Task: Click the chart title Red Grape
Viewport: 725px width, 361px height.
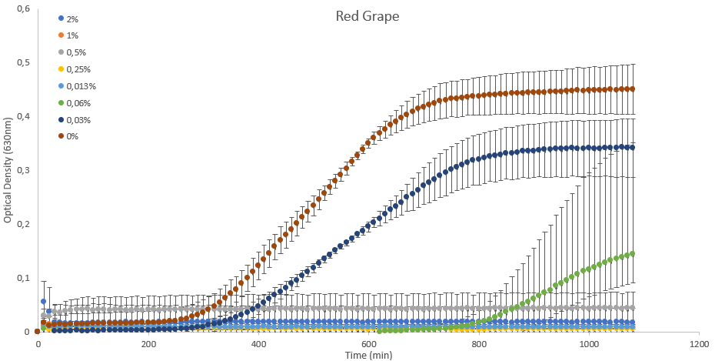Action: point(367,16)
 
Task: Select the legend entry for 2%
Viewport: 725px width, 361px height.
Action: point(72,18)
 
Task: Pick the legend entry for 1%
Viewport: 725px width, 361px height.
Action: point(72,35)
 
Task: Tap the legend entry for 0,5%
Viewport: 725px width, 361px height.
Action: point(76,52)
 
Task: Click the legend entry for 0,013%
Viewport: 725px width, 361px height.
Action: point(80,86)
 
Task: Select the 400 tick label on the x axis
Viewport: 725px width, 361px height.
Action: point(258,344)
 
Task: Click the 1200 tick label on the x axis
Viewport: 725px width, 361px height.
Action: point(699,344)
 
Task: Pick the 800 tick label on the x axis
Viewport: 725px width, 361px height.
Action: point(479,344)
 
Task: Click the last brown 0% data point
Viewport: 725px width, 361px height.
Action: point(632,89)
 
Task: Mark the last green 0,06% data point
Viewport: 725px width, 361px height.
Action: point(632,253)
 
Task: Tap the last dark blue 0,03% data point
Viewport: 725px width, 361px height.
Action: point(632,147)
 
